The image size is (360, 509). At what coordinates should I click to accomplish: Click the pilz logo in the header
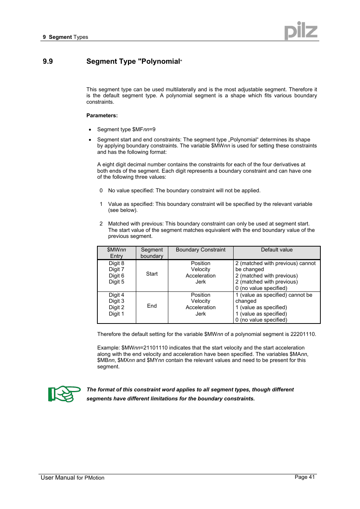pos(300,31)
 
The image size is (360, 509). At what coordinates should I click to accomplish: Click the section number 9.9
pos(48,61)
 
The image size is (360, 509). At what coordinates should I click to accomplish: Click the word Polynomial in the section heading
pos(160,61)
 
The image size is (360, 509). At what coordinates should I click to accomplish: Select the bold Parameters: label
pos(102,115)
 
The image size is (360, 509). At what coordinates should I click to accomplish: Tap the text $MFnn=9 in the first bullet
pos(144,129)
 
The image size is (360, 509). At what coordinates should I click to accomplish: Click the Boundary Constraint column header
pos(200,250)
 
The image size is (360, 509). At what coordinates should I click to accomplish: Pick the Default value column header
pos(277,250)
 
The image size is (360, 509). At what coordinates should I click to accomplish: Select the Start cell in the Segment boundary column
pos(152,274)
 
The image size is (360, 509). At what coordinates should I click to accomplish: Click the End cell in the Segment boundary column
pos(152,306)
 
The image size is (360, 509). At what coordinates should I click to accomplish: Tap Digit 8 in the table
pos(116,263)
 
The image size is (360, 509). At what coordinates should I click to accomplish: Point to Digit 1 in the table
pos(116,314)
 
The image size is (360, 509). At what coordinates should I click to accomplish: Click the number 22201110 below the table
pos(303,334)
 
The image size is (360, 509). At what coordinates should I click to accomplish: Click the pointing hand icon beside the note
pos(64,394)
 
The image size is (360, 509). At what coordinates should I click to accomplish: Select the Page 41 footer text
pos(305,477)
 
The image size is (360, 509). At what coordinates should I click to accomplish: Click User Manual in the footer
pos(58,478)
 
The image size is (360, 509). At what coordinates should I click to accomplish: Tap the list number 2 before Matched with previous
pos(101,224)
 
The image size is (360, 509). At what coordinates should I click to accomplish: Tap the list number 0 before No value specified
pos(101,190)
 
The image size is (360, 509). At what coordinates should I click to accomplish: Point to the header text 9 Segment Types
pos(65,37)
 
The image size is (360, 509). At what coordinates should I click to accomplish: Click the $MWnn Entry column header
pos(116,253)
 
